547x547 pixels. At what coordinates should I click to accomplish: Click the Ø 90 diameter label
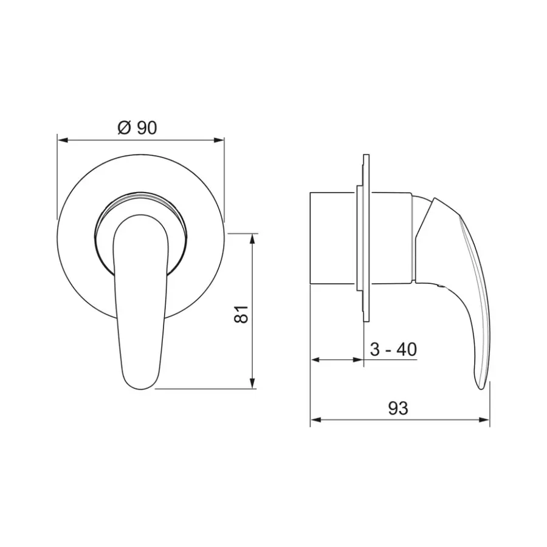pos(137,128)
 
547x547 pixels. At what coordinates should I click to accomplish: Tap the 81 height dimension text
pos(241,314)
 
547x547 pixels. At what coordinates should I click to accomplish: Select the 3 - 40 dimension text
pos(393,349)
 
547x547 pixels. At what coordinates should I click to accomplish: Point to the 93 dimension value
pos(398,408)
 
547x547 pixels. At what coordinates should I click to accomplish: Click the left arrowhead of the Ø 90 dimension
pos(62,140)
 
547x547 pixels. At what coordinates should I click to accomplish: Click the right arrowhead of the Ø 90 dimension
pos(219,140)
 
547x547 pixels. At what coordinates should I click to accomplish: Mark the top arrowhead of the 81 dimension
pos(253,238)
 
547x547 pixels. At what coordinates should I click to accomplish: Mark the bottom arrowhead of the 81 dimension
pos(253,383)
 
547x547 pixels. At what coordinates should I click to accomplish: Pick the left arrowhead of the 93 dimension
pos(315,419)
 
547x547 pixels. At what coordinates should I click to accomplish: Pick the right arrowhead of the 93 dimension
pos(484,419)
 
